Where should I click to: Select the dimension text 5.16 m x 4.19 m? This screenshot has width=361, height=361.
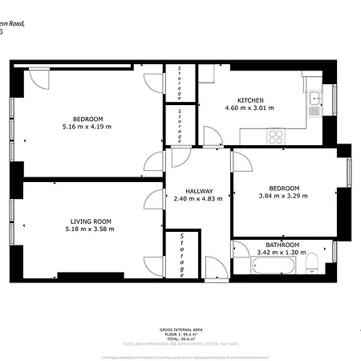[87, 126]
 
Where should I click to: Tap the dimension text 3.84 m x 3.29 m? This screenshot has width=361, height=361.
[283, 195]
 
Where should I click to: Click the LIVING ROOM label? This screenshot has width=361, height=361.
[91, 221]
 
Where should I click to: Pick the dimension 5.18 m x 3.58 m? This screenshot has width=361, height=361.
[91, 229]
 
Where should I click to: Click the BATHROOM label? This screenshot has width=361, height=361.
[283, 245]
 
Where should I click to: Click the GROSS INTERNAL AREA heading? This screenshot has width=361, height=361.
[180, 330]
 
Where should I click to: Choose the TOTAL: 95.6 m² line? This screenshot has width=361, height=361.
[180, 340]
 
